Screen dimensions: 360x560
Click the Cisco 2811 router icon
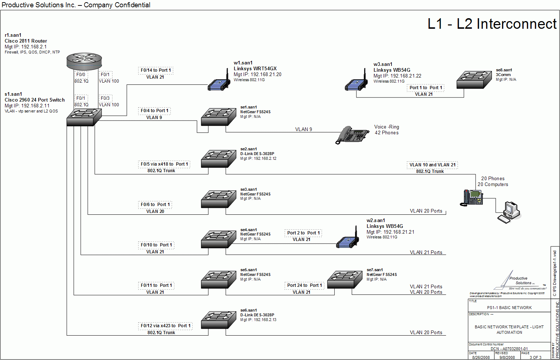point(84,61)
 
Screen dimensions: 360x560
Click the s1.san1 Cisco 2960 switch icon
point(84,117)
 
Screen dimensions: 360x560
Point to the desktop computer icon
point(509,212)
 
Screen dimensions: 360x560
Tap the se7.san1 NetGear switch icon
point(345,280)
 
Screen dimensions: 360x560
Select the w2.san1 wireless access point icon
point(347,240)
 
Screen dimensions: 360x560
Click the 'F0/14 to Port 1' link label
point(156,70)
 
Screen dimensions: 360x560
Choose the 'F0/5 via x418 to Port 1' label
point(165,164)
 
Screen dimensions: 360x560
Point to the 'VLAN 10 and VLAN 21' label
point(432,165)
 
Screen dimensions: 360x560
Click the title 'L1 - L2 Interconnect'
point(492,24)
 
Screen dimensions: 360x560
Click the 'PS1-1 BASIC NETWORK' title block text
point(509,308)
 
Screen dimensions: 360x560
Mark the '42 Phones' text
point(387,133)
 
